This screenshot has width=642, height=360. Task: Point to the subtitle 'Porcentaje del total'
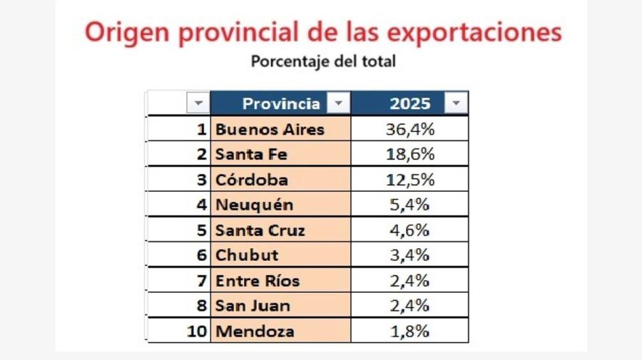(322, 61)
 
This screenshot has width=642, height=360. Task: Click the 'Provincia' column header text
(281, 103)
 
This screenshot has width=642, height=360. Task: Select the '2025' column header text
(410, 103)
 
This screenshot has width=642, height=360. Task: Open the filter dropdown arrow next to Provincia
(338, 103)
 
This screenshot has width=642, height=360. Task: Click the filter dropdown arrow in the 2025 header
(456, 103)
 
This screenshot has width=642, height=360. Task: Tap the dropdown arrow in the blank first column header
(198, 103)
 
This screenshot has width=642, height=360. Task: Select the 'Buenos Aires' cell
(270, 129)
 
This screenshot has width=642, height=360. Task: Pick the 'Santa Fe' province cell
(252, 154)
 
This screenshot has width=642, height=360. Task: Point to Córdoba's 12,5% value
(410, 180)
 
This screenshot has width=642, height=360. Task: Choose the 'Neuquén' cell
(254, 205)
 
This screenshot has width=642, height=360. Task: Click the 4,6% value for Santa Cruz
(409, 230)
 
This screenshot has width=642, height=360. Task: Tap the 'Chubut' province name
(247, 255)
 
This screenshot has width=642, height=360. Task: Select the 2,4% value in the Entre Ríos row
(409, 281)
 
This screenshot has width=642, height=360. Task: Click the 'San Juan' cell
(253, 306)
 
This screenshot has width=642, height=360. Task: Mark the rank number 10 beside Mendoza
(198, 331)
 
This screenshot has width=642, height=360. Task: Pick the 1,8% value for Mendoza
(409, 331)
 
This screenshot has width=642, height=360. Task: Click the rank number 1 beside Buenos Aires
(203, 129)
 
